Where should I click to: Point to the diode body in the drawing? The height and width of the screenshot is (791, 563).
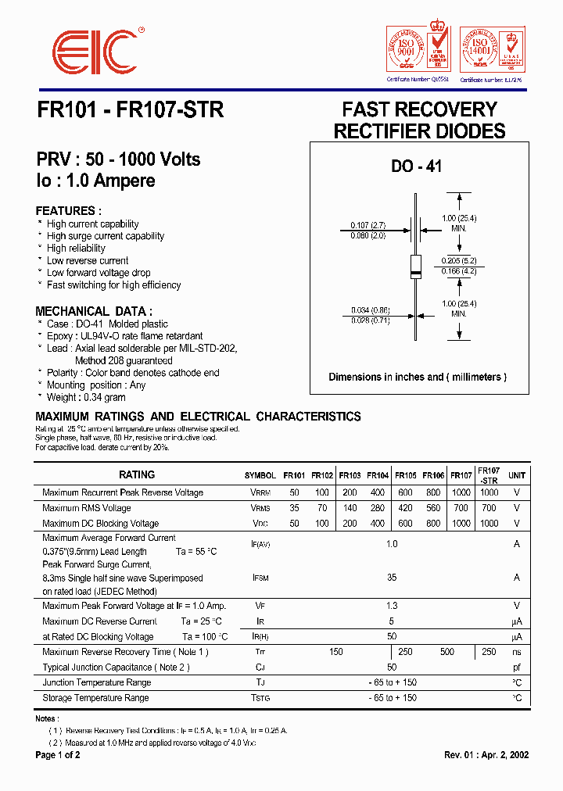417,266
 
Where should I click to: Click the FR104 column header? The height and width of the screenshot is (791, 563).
378,475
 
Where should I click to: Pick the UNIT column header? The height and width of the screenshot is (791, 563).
517,475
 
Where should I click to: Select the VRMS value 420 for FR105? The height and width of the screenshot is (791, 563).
406,508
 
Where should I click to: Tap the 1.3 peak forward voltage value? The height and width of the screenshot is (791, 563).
392,606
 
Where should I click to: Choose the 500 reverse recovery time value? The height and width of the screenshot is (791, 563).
446,652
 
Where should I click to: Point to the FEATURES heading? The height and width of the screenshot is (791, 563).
69,211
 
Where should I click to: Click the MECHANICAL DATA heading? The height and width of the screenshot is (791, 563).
94,310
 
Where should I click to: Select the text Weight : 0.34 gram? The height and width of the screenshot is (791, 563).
88,397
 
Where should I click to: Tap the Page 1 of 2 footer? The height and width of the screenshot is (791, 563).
58,755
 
